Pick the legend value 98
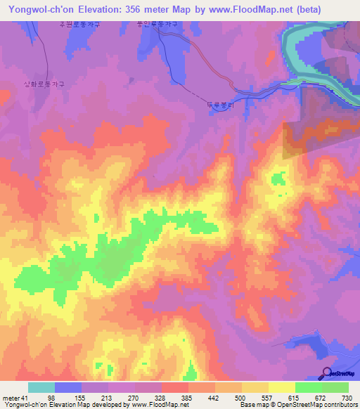70,398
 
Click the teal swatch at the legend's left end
41,387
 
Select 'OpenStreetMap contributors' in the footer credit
317,405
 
